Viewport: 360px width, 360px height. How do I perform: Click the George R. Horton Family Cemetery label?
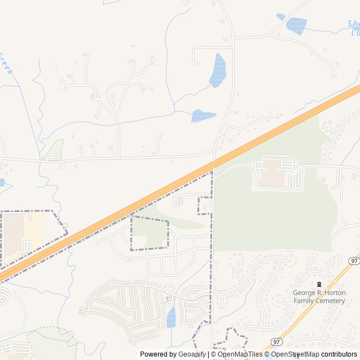point(318,296)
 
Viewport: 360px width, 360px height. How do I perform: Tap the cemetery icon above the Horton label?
point(319,285)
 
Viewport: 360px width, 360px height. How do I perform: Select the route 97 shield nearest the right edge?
point(353,261)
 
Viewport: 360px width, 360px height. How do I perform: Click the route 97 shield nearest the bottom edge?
point(276,341)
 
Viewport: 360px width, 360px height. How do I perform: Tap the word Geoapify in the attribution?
point(192,354)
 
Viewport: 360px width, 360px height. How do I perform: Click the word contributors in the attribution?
point(339,354)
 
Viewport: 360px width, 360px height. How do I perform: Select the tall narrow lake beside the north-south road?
point(218,70)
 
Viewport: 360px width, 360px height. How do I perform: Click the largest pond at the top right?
point(296,26)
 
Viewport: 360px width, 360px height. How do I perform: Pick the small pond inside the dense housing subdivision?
point(171,317)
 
